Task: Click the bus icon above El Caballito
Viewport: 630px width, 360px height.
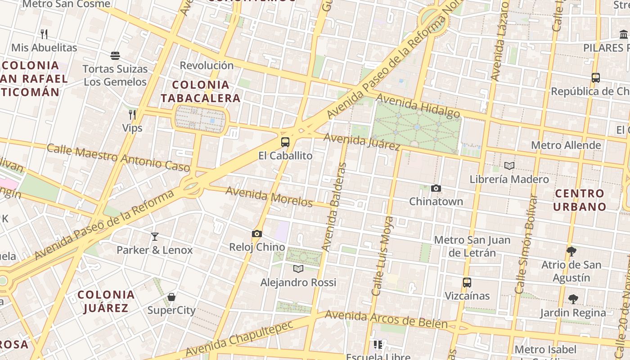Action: click(285, 142)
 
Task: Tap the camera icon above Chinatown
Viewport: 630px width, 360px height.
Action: click(436, 188)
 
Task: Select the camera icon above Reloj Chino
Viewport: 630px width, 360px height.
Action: click(257, 234)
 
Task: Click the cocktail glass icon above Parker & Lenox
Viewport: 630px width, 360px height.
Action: click(155, 236)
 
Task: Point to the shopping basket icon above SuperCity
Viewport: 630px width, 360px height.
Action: click(171, 297)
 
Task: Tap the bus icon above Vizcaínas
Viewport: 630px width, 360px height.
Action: click(467, 283)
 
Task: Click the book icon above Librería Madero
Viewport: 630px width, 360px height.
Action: click(509, 166)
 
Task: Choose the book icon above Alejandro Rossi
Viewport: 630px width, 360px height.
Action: click(298, 269)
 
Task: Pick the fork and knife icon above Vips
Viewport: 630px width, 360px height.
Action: click(132, 115)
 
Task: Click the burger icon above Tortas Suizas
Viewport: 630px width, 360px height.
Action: click(115, 56)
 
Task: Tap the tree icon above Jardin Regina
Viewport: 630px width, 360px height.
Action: click(573, 299)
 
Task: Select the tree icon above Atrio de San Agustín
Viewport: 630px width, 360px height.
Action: click(571, 251)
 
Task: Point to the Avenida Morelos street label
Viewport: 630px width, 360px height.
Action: click(269, 197)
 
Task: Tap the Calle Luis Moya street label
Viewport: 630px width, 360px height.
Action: click(383, 256)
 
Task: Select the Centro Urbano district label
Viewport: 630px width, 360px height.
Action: click(580, 200)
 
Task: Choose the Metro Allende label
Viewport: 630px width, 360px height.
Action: click(566, 145)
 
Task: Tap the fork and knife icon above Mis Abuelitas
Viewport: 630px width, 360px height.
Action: click(44, 34)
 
